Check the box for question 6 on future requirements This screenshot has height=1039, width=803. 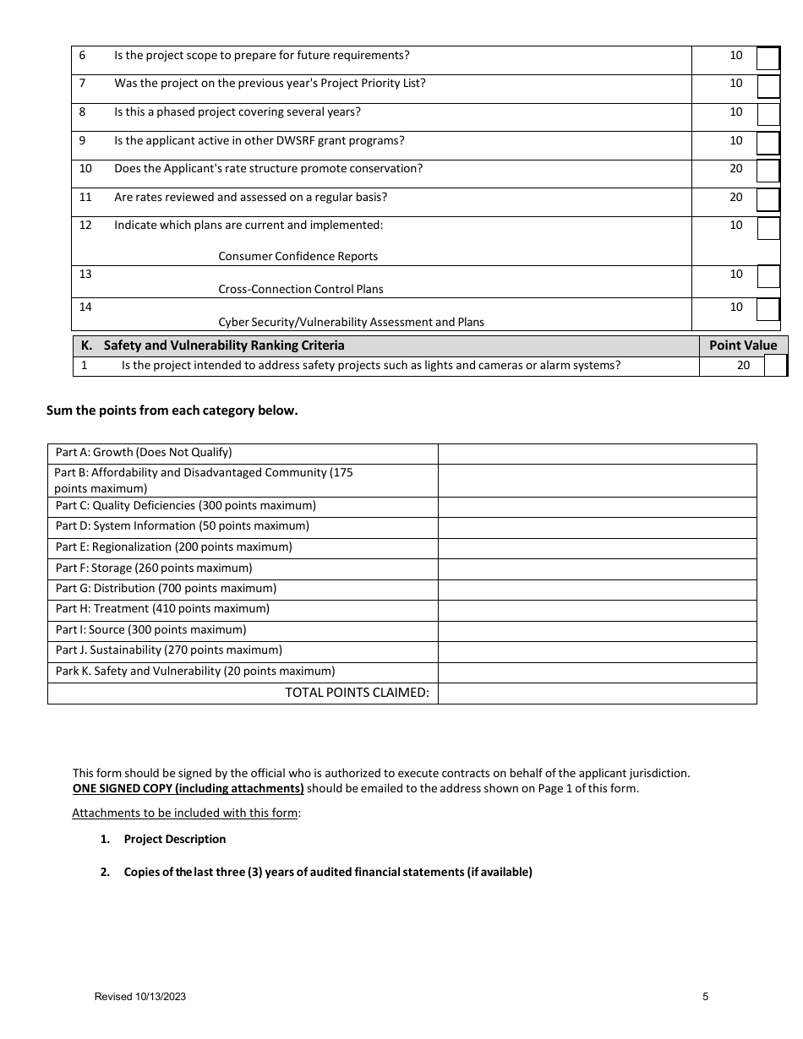click(x=767, y=58)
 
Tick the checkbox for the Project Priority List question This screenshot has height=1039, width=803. click(x=767, y=86)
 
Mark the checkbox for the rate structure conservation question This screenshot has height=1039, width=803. click(x=767, y=171)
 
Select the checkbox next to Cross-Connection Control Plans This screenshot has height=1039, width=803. click(x=767, y=277)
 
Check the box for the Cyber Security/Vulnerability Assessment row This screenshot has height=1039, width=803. click(x=767, y=309)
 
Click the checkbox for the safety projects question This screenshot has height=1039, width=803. click(x=775, y=365)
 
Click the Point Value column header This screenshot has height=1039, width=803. click(x=742, y=345)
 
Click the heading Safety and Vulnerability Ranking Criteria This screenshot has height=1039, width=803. click(x=223, y=345)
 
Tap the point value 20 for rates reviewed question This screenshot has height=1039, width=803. click(x=735, y=198)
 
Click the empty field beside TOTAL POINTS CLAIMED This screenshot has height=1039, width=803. click(x=597, y=694)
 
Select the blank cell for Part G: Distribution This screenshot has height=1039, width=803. click(x=597, y=589)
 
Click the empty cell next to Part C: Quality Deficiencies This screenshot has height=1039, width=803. click(x=597, y=506)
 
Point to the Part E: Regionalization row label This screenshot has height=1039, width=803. click(x=173, y=547)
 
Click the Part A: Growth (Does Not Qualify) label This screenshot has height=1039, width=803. click(x=144, y=453)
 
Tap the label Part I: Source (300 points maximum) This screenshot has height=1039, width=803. click(x=150, y=630)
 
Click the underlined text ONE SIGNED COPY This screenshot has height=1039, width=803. click(x=188, y=789)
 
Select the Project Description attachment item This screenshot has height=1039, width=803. click(x=174, y=840)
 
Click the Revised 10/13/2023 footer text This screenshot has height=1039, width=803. click(x=140, y=997)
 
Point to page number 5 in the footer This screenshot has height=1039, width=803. click(x=705, y=997)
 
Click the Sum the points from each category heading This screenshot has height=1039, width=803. click(x=172, y=411)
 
